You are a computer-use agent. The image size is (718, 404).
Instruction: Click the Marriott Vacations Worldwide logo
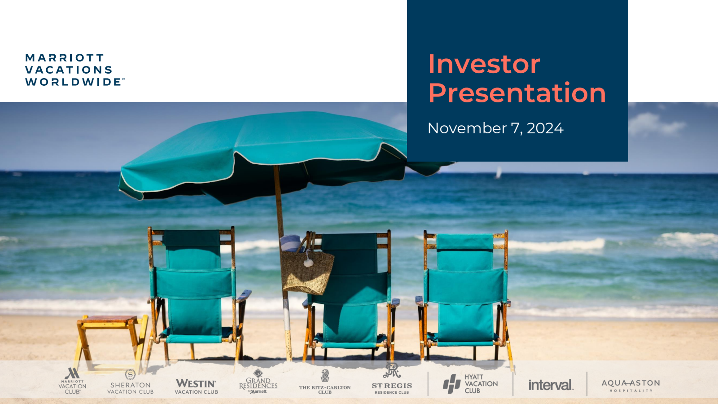click(74, 70)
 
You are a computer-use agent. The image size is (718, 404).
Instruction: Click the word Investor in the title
click(484, 64)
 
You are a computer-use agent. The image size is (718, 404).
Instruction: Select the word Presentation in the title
click(517, 92)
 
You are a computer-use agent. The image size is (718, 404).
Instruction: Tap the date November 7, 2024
click(495, 128)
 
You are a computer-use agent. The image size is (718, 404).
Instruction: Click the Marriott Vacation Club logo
click(72, 381)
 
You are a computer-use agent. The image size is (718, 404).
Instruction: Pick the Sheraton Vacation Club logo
click(130, 382)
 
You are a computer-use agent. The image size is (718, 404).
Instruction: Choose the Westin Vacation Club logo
click(196, 386)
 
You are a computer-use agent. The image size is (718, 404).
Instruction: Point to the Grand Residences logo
click(258, 381)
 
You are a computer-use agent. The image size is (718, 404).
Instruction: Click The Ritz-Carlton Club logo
click(325, 382)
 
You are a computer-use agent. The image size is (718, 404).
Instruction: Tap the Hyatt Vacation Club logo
click(470, 384)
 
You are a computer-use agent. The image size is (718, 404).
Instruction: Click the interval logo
click(551, 385)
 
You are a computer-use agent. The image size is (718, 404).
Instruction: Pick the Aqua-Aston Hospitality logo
click(630, 386)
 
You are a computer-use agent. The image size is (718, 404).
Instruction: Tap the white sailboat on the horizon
click(499, 172)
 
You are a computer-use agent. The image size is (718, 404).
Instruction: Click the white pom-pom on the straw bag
click(308, 263)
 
